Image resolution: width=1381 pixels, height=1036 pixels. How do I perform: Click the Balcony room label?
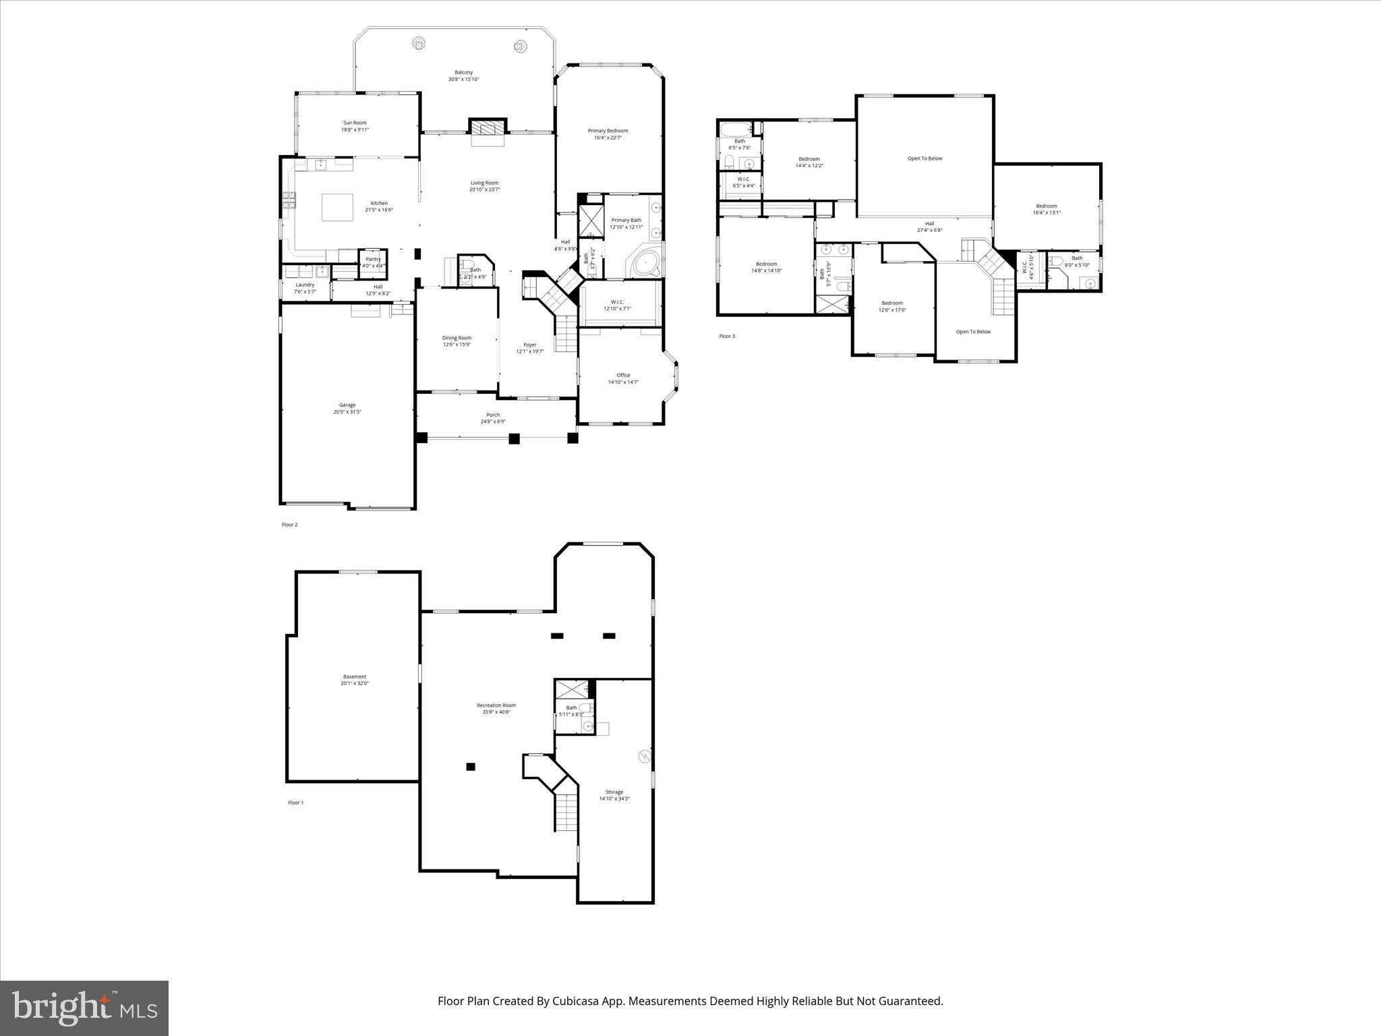tap(463, 72)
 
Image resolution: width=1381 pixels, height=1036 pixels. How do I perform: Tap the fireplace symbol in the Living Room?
tap(487, 128)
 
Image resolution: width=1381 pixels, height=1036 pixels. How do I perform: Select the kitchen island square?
tap(337, 207)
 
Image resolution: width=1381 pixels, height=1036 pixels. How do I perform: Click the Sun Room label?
tap(355, 123)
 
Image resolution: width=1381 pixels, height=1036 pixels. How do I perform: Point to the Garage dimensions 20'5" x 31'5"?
tap(347, 412)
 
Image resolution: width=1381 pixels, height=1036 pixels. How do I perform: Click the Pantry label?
tap(373, 259)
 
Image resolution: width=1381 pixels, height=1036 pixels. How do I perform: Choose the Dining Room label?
tap(457, 338)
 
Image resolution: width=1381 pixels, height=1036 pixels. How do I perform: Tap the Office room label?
tap(623, 375)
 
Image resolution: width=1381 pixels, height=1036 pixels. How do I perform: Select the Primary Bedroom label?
tap(608, 131)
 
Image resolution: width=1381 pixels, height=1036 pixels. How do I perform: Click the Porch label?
tap(493, 415)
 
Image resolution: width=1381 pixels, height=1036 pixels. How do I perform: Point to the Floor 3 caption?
tap(727, 336)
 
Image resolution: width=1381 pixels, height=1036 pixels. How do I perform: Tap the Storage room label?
tap(614, 792)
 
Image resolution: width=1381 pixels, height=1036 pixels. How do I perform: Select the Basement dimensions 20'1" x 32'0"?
tap(355, 683)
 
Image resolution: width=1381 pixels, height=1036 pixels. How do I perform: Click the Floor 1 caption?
tap(296, 803)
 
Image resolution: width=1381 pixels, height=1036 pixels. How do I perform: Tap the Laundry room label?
tap(305, 285)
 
